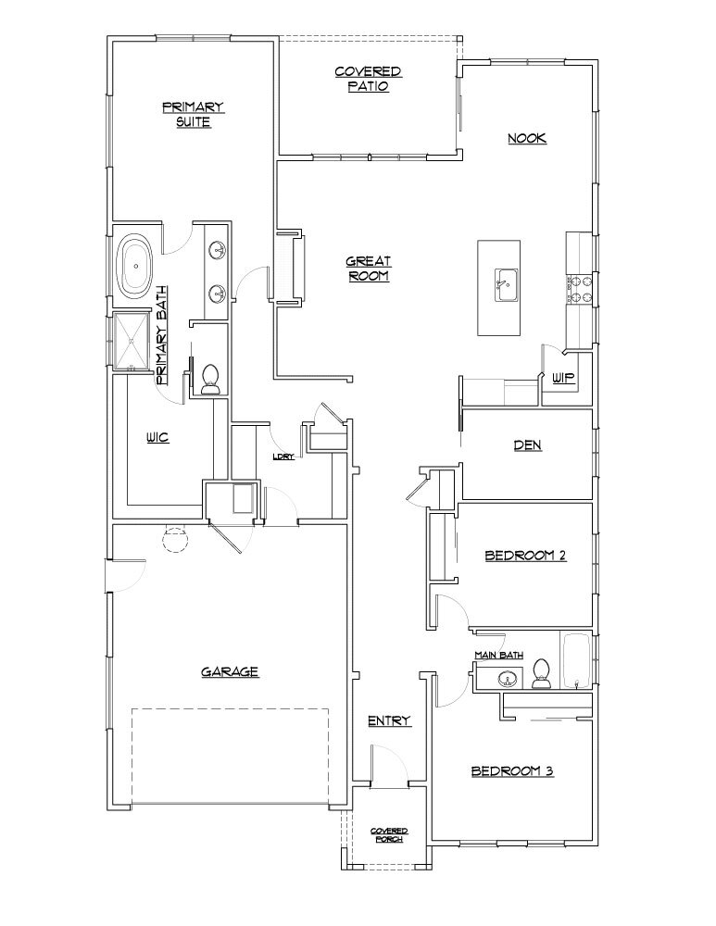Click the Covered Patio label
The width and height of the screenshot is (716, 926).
(x=368, y=79)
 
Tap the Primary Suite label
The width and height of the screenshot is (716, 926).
(x=194, y=114)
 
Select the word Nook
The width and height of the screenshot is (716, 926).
(x=527, y=138)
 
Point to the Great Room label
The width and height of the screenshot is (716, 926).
(x=368, y=269)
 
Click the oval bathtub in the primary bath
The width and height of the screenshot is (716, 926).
(x=137, y=267)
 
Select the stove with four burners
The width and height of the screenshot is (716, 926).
(x=579, y=288)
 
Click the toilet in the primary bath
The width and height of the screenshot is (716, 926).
(x=209, y=380)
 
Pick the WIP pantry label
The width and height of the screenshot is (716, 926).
(x=563, y=378)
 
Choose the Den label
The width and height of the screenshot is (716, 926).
(x=527, y=445)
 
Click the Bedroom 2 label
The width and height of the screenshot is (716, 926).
(x=525, y=556)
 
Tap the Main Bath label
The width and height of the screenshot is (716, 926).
(x=498, y=656)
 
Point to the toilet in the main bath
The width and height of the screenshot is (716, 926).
(x=543, y=676)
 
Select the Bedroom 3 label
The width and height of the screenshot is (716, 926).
(x=512, y=770)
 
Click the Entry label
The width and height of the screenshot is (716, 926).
(x=388, y=720)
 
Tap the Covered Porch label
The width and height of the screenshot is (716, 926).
(x=389, y=835)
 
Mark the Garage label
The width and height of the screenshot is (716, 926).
(x=229, y=672)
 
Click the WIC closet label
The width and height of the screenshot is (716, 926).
(x=157, y=438)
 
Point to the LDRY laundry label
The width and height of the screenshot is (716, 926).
(x=283, y=457)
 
